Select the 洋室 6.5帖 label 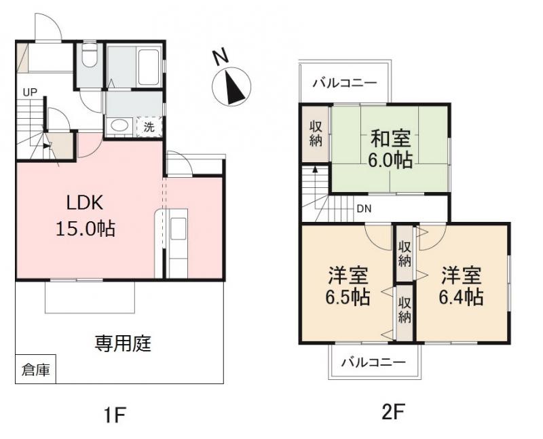[x=348, y=286]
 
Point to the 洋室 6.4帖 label [x=461, y=286]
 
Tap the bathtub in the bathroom [x=149, y=67]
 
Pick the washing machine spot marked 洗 [x=149, y=127]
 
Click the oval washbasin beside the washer [x=119, y=126]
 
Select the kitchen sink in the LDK [x=178, y=228]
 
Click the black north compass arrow [x=233, y=88]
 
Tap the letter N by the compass [x=220, y=57]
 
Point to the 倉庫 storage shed [x=36, y=369]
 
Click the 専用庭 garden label [x=123, y=344]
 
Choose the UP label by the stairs [x=30, y=92]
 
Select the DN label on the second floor [x=364, y=209]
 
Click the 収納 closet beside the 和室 [x=316, y=133]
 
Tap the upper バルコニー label [x=345, y=83]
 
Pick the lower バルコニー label [x=373, y=362]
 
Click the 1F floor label [x=115, y=415]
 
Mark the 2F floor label [x=394, y=412]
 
